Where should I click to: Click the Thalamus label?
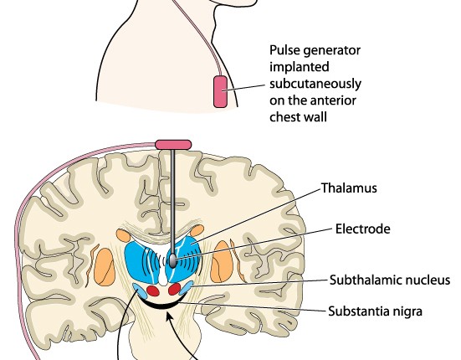click(349, 188)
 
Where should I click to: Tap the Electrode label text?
click(363, 229)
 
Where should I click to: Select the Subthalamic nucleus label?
click(390, 280)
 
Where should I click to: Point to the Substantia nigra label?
click(375, 311)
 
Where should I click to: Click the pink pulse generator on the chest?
click(221, 91)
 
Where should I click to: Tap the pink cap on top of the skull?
click(173, 145)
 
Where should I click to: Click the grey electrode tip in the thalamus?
click(173, 261)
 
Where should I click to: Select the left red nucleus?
click(153, 291)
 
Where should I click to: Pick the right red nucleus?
click(175, 289)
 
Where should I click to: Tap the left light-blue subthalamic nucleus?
click(140, 291)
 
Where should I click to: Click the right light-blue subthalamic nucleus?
click(186, 288)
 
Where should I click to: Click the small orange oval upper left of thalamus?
click(123, 235)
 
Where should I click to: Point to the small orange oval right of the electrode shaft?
click(197, 230)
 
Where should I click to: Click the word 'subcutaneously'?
click(315, 84)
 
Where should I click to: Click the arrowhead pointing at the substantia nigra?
click(169, 316)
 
